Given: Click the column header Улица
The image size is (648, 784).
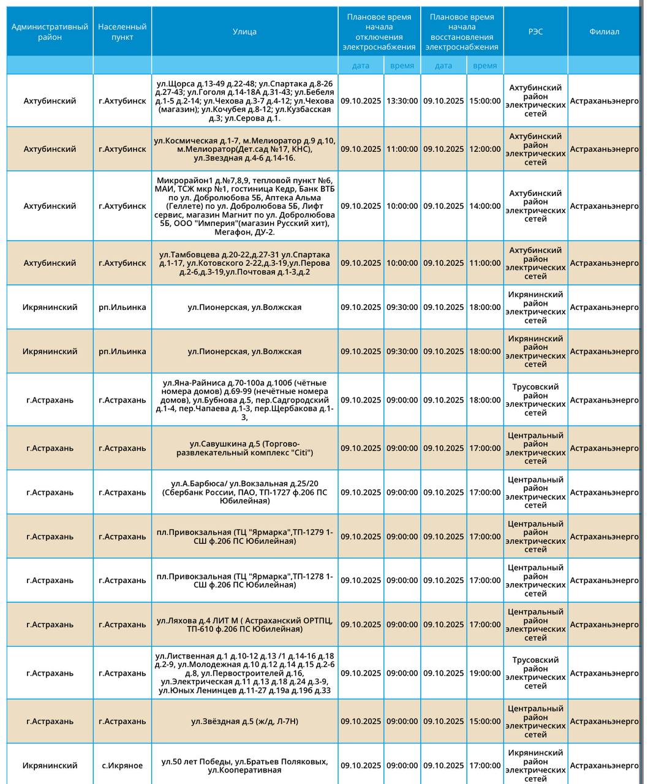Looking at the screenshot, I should (244, 32).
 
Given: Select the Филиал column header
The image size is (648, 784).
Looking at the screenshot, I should (604, 32).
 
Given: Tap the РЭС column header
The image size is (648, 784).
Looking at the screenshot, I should (535, 32).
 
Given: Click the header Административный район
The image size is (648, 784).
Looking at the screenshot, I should (50, 32).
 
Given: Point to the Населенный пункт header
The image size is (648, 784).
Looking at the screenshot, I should (122, 32).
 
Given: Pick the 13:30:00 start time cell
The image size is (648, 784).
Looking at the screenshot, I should (402, 101).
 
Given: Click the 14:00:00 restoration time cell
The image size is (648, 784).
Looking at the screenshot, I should (485, 206).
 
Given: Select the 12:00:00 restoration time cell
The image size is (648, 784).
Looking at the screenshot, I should (485, 149).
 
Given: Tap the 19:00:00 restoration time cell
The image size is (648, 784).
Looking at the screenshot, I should (485, 673).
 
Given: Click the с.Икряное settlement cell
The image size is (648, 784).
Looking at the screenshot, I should (122, 766).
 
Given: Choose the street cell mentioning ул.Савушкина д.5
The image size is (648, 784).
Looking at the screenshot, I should (244, 448).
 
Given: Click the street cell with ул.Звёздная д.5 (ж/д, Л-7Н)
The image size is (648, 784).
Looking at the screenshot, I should (244, 722).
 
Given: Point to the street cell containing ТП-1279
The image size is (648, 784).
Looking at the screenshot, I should (244, 537).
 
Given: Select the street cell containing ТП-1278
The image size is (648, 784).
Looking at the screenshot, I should (244, 581).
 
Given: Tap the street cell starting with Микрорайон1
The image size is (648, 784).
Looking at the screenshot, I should (244, 206).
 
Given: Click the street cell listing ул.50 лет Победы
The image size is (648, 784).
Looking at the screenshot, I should (244, 766).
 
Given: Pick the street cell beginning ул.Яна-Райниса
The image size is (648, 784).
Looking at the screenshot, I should (244, 400).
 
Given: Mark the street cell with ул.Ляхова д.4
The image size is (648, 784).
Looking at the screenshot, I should (244, 625).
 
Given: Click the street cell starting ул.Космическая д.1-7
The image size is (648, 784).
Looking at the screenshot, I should (244, 149).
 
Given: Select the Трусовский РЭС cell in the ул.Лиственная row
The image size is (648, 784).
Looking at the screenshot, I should (535, 673).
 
